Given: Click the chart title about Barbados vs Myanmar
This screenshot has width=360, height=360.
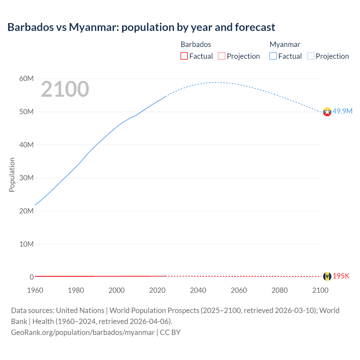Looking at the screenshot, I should point(141,27).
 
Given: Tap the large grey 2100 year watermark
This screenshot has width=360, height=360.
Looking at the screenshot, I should point(65,89).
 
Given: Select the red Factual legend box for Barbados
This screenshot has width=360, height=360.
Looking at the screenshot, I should point(184,56).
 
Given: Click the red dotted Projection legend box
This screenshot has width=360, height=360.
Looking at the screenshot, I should point(222,56).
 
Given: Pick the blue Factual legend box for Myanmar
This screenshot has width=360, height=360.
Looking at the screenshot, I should point(273,56).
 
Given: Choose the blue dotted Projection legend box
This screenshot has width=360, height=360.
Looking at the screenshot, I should point(310,56).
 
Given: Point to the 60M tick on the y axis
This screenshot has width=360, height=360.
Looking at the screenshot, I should point(26,78).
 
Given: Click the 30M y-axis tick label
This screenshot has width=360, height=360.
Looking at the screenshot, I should point(26,178).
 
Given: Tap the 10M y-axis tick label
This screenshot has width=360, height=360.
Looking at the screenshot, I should point(26,244).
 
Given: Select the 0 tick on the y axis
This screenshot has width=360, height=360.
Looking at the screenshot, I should point(31,277).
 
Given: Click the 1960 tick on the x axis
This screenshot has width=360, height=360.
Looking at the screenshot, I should point(35,290).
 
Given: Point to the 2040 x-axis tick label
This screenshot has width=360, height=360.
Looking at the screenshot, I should point(198,290).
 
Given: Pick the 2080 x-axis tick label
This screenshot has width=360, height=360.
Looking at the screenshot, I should point(280,290).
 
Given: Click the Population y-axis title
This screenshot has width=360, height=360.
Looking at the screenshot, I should point(12,175).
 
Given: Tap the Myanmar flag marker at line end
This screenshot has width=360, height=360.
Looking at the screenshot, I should point(327,112).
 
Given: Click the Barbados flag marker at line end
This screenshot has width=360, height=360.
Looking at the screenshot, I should point(327,276).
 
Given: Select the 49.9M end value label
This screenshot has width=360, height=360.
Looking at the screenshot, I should point(342,111).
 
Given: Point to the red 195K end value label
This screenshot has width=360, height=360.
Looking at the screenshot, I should point(341,276).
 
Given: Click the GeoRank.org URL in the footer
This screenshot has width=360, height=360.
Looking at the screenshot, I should point(83,332).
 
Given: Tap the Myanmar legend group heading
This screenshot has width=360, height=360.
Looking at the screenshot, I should point(285,44).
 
